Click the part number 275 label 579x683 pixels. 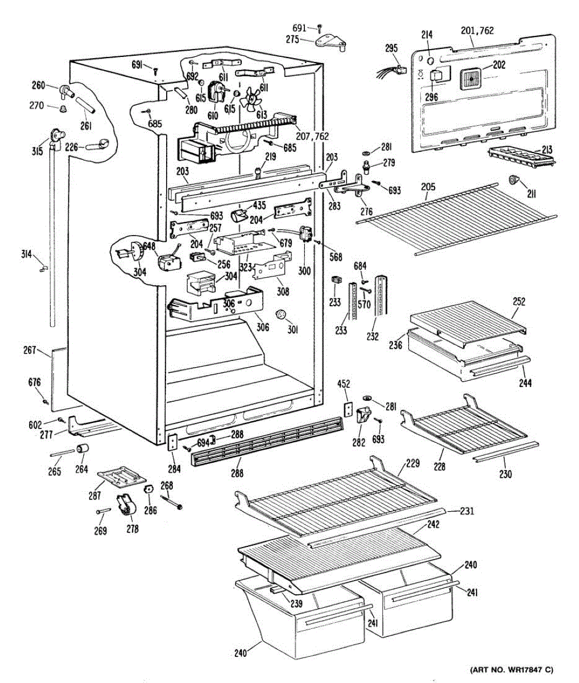tap(292, 40)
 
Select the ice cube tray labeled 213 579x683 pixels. tap(520, 157)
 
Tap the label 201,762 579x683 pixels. tap(477, 31)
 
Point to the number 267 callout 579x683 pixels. tap(30, 350)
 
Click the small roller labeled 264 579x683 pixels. tap(82, 449)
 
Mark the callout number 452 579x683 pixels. tap(344, 384)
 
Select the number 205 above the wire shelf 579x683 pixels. tap(428, 187)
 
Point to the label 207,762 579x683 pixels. tap(312, 136)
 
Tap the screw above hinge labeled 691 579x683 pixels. tap(320, 28)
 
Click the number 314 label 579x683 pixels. tap(26, 254)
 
